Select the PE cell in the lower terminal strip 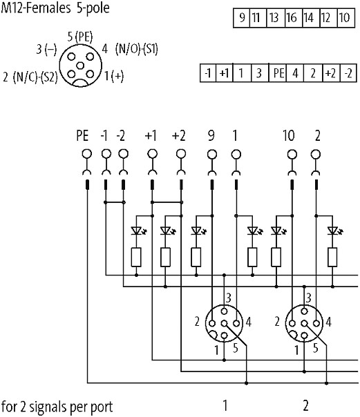(278, 72)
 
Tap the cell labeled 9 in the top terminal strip (242, 18)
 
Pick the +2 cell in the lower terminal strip (331, 72)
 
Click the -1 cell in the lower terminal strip (208, 72)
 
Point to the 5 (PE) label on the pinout (80, 37)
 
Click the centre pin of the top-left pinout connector (80, 66)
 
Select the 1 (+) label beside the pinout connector (114, 76)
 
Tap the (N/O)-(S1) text (137, 49)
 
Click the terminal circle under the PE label (87, 153)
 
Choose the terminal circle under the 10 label (292, 154)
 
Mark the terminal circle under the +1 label (152, 153)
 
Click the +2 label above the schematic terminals (178, 136)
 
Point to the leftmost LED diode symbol (137, 231)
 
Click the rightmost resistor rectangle (332, 257)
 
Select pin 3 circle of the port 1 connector (225, 311)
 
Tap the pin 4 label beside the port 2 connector (329, 322)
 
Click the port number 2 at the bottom (305, 405)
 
